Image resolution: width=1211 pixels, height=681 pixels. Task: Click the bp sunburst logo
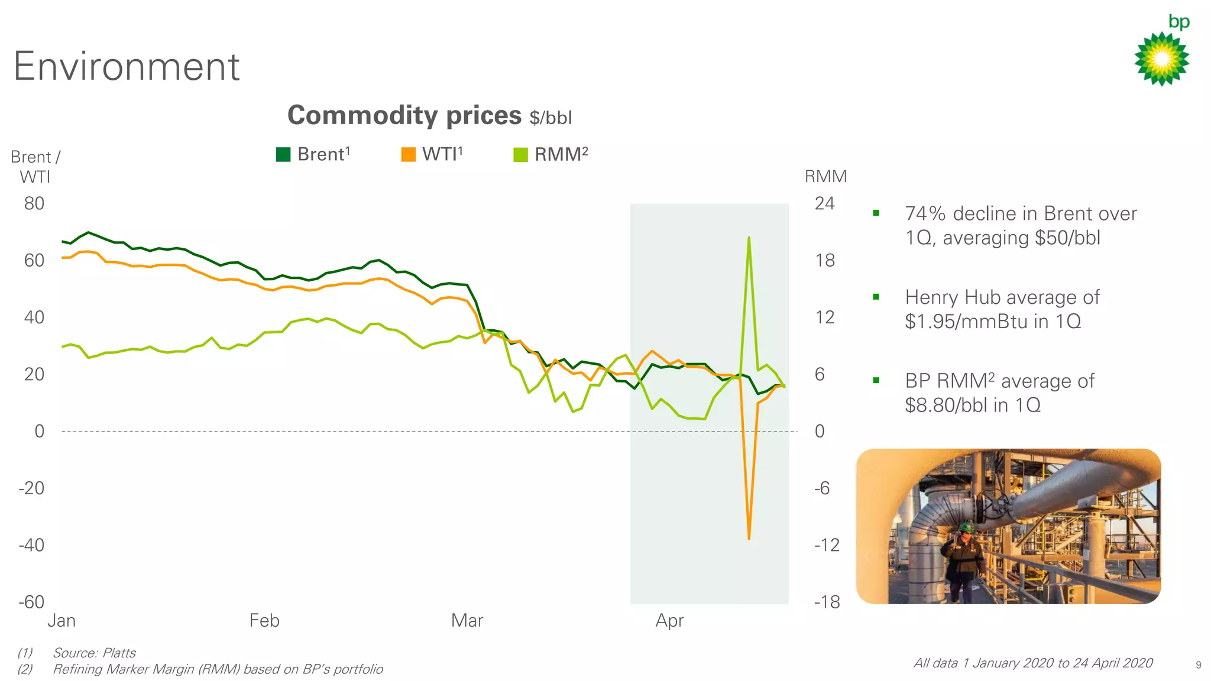(1161, 58)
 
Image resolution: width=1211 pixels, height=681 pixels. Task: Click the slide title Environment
(127, 66)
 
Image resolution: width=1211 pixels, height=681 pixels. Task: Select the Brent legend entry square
(283, 154)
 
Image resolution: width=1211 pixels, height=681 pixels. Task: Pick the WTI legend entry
(432, 154)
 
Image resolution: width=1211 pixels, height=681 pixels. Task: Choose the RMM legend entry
(551, 154)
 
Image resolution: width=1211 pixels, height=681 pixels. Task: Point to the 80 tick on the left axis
(34, 203)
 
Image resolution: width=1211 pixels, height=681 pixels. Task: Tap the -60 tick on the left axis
(31, 602)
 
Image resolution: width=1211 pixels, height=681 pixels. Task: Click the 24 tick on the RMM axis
(824, 203)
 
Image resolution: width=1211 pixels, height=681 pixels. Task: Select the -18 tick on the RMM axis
(827, 602)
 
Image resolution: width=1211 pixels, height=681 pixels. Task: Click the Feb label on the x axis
(264, 620)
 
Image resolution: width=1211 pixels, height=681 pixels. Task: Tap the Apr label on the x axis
(669, 620)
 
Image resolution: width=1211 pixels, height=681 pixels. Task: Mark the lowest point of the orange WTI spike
(749, 538)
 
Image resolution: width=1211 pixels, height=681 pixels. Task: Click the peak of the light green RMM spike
(749, 238)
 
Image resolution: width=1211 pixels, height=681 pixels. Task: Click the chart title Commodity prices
(404, 115)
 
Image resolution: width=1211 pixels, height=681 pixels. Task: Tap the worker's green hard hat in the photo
(966, 526)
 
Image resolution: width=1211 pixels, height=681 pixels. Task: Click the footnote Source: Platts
(94, 653)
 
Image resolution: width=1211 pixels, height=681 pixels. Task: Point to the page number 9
(1198, 665)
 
